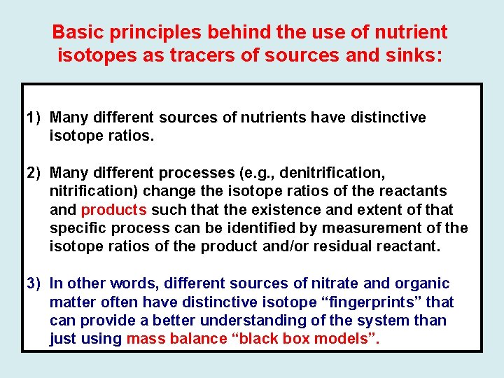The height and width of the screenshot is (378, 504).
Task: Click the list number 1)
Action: tap(36, 117)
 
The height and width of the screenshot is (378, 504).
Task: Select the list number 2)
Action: tap(36, 172)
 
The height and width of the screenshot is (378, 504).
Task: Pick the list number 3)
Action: tap(36, 283)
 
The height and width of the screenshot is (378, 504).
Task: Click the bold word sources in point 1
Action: tap(188, 117)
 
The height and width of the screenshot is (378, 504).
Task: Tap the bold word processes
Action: tap(197, 172)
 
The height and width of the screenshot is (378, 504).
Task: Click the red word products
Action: tap(113, 209)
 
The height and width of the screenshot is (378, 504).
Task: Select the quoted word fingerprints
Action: tap(373, 302)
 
